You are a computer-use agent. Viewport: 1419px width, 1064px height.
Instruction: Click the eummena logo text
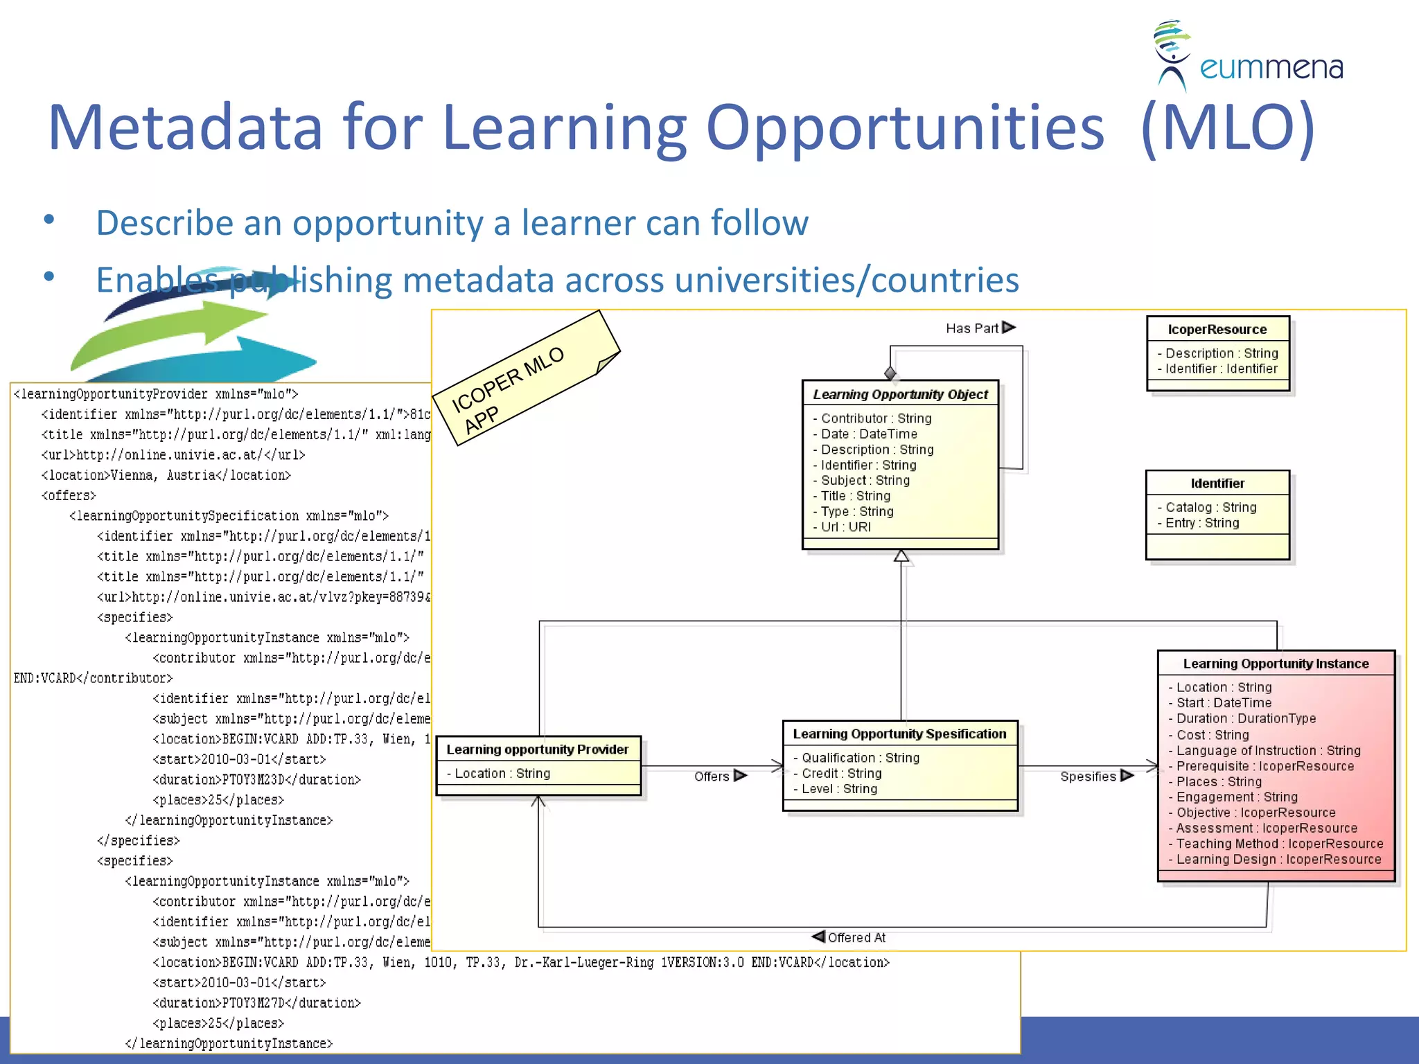1271,68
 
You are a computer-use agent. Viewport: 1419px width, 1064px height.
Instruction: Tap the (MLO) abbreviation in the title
1227,127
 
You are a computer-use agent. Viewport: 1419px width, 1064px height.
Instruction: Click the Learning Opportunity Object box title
900,394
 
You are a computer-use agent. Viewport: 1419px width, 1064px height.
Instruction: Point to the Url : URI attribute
846,527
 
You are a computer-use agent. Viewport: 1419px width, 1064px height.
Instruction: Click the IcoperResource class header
1217,330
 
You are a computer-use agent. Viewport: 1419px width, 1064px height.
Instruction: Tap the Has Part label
972,328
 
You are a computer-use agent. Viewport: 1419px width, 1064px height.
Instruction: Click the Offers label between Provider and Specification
712,777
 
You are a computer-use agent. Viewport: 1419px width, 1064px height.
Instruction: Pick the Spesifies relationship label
1088,777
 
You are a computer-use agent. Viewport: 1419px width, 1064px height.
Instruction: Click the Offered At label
856,937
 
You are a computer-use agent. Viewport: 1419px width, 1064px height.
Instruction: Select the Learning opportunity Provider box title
538,750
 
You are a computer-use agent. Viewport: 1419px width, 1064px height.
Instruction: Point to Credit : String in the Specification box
841,774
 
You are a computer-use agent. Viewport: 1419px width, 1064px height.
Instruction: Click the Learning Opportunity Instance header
1276,664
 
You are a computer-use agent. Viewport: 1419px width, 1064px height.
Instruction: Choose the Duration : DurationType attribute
1246,719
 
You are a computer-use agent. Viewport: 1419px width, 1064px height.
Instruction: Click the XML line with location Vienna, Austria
166,476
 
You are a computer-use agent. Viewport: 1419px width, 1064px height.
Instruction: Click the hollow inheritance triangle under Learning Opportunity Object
901,556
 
